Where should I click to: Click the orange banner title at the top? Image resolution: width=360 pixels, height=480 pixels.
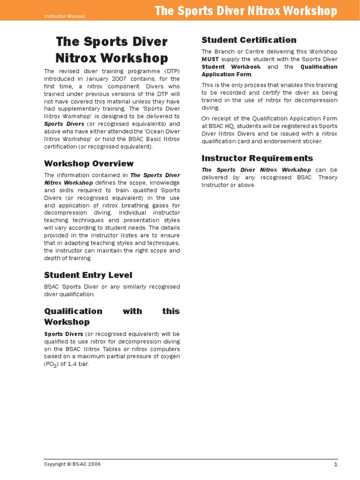click(246, 11)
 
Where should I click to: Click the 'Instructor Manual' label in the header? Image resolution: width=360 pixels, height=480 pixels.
click(64, 16)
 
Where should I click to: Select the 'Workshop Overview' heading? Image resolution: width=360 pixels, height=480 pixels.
click(89, 164)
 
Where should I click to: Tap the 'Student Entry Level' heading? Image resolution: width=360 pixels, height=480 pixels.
click(88, 275)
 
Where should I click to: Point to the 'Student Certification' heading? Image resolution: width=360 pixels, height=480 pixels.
click(249, 40)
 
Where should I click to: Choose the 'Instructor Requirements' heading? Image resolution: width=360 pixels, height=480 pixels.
click(257, 158)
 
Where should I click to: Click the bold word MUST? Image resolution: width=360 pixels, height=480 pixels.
click(210, 59)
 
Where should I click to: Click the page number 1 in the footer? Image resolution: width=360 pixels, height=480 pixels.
click(336, 464)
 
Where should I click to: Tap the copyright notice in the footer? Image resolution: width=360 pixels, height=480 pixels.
click(72, 464)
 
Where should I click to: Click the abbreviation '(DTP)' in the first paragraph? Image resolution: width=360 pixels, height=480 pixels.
click(169, 71)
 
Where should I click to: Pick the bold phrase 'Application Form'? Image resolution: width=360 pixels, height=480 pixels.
click(226, 74)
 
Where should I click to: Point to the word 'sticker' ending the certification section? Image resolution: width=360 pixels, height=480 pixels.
click(312, 141)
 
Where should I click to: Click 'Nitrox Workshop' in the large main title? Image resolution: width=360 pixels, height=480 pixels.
click(112, 58)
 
